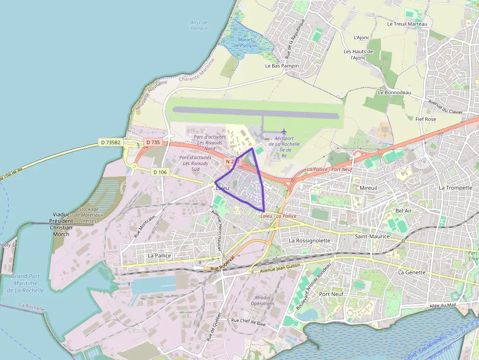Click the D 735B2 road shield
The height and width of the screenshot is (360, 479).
110,142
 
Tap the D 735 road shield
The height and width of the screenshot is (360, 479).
153,142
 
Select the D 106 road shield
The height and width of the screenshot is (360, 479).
160,172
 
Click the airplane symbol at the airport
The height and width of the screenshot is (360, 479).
283,131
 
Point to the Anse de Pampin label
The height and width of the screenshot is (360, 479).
198,25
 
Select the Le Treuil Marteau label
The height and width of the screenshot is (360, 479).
407,24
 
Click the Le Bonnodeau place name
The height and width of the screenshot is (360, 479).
394,92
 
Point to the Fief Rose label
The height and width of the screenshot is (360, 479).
425,119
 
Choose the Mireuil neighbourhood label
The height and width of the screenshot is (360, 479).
369,188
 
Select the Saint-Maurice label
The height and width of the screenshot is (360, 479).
372,236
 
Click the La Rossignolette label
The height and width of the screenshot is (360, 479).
309,241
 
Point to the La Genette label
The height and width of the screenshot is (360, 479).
412,273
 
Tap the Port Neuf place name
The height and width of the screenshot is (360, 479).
331,294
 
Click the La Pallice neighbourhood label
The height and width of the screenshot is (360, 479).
159,255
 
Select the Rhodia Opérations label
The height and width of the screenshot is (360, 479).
262,300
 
